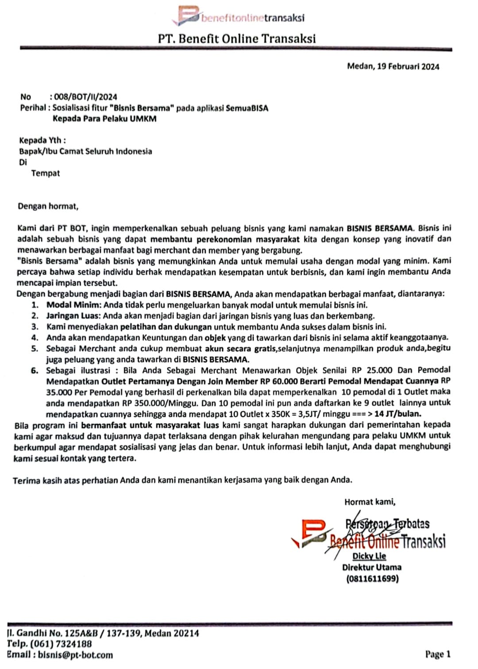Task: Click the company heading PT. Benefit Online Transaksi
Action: pyautogui.click(x=237, y=39)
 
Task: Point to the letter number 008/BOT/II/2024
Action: pyautogui.click(x=85, y=97)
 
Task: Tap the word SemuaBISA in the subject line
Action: pyautogui.click(x=247, y=108)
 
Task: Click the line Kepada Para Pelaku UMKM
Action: pyautogui.click(x=104, y=119)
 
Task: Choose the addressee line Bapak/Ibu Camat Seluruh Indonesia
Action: pyautogui.click(x=85, y=151)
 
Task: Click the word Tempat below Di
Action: pyautogui.click(x=45, y=173)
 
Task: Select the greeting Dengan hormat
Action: pyautogui.click(x=48, y=206)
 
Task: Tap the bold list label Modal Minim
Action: pyautogui.click(x=74, y=305)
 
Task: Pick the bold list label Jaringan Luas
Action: pyautogui.click(x=73, y=316)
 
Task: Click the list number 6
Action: pyautogui.click(x=35, y=370)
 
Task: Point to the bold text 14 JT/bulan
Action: pyautogui.click(x=398, y=414)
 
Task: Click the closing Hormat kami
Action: pyautogui.click(x=370, y=502)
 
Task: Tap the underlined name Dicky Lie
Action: pyautogui.click(x=369, y=556)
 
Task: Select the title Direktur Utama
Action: pyautogui.click(x=371, y=567)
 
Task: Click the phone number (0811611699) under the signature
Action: pyautogui.click(x=372, y=578)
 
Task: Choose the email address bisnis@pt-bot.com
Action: pyautogui.click(x=75, y=655)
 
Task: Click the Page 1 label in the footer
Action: pyautogui.click(x=438, y=654)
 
